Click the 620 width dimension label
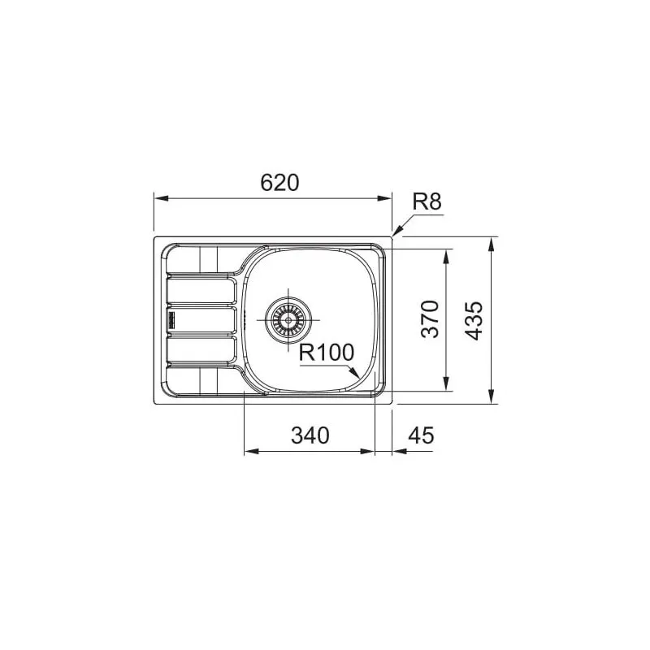pos(279,182)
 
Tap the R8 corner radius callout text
pos(427,201)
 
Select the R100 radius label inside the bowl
pos(327,353)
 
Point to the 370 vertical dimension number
pos(430,319)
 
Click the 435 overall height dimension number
pos(474,320)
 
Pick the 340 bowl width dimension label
pos(310,435)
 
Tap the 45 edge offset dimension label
pos(421,435)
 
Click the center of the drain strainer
pos(288,320)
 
